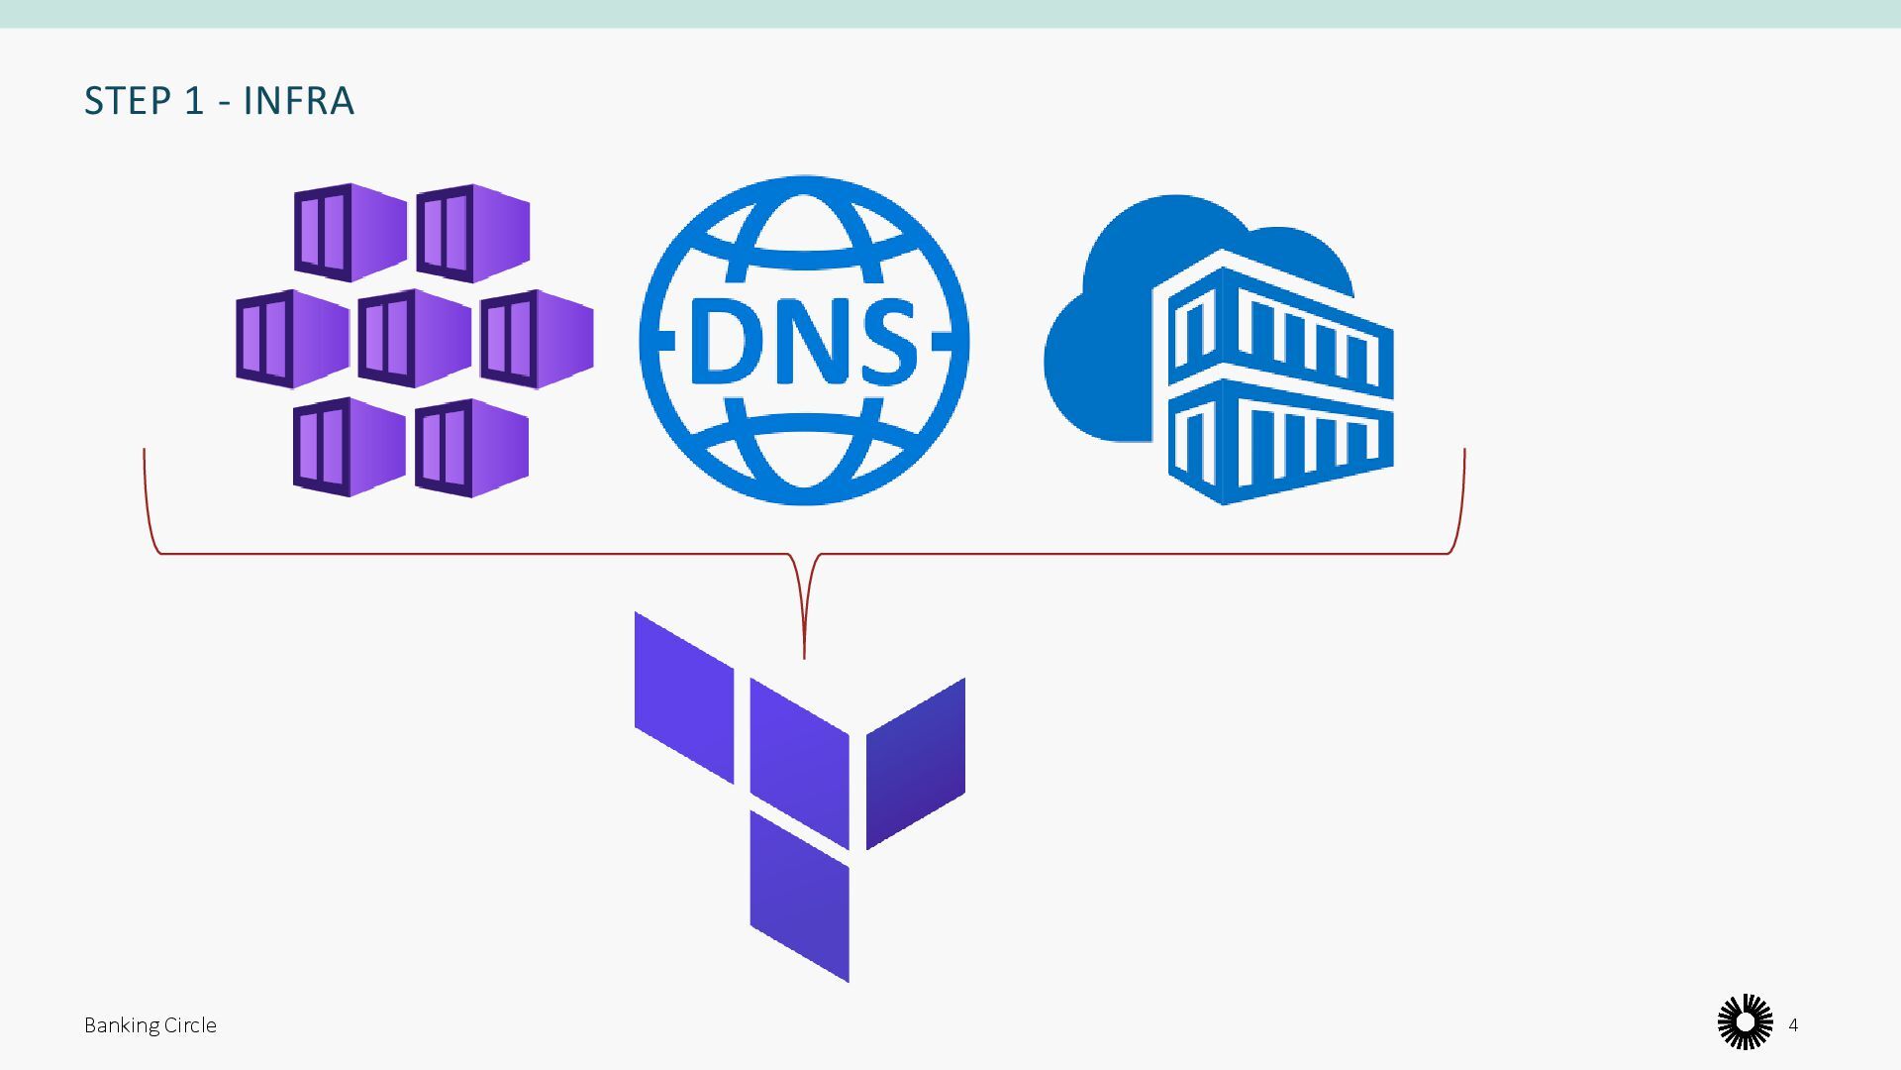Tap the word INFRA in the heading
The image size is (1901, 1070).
(298, 101)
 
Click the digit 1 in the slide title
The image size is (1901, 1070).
(195, 101)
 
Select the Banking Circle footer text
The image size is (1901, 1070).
(150, 1025)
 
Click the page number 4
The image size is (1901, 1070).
(1793, 1025)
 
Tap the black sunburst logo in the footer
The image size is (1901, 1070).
(1745, 1022)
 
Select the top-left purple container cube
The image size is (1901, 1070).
(350, 232)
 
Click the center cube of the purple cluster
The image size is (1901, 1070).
(414, 339)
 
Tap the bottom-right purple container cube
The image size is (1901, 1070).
(471, 448)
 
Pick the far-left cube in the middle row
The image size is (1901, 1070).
(292, 339)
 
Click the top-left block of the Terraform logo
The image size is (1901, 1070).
(684, 697)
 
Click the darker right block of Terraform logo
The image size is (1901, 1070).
(916, 763)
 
